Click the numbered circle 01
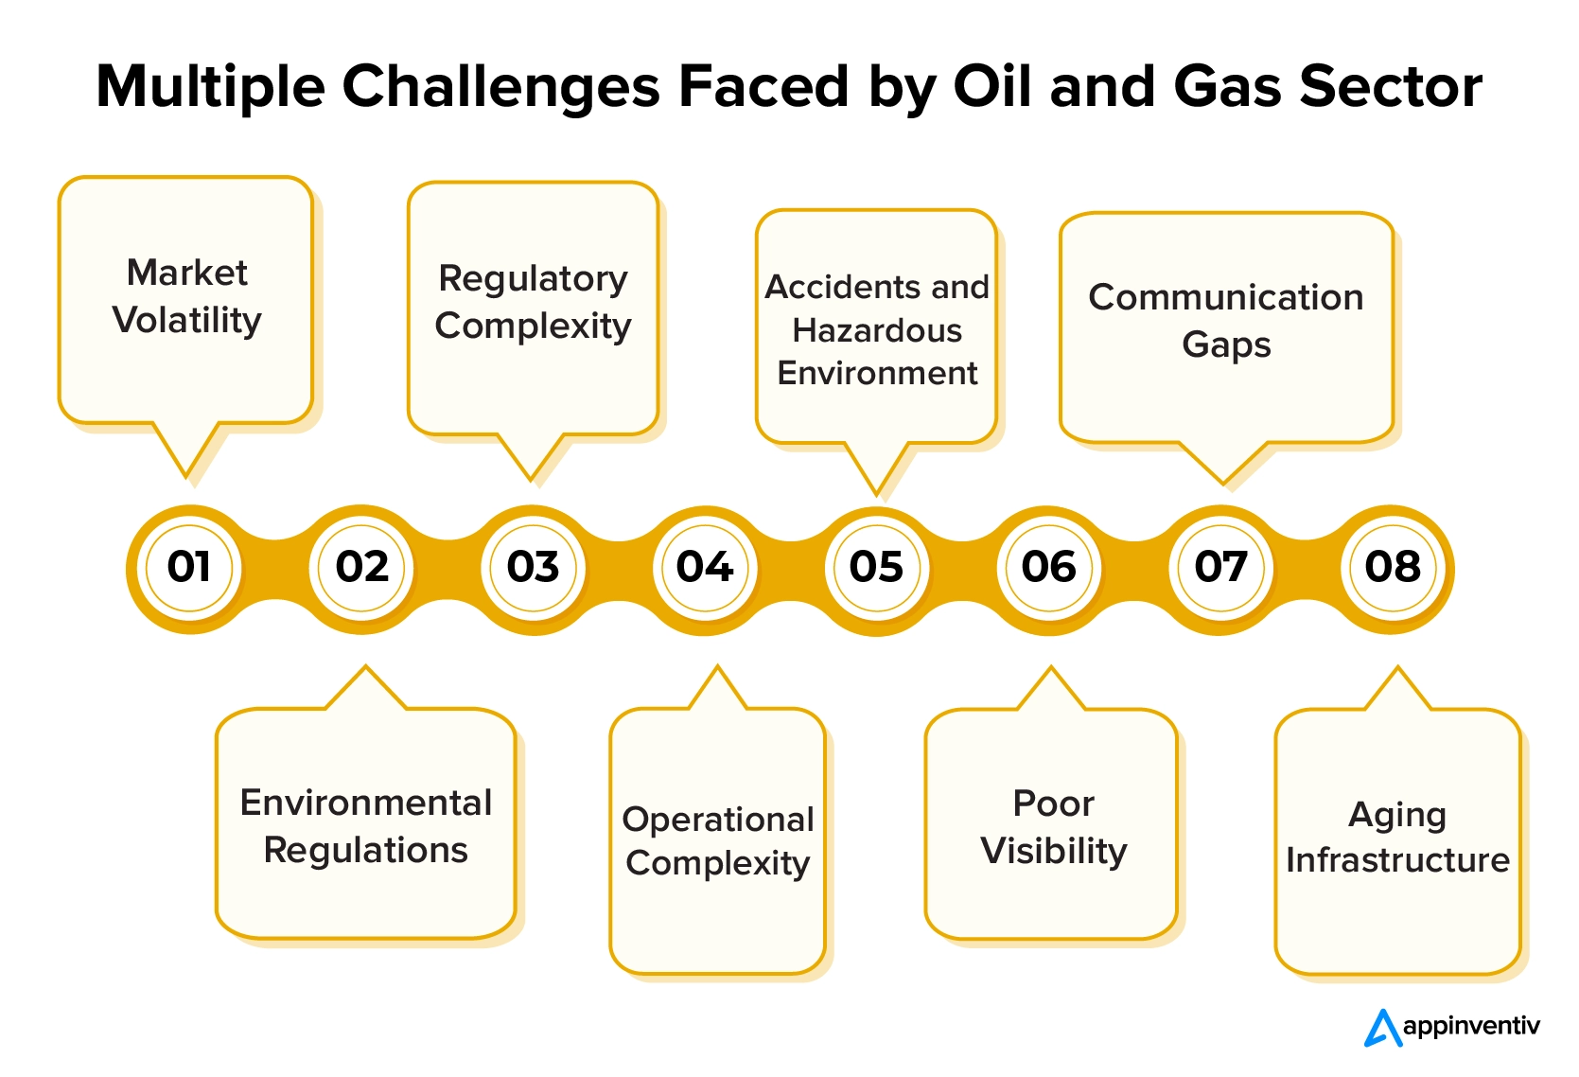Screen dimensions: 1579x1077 click(x=189, y=567)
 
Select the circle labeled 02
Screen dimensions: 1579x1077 click(x=360, y=567)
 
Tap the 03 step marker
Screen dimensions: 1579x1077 click(x=533, y=567)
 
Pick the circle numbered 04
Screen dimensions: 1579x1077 click(x=705, y=567)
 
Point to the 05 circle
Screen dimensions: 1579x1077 click(x=876, y=567)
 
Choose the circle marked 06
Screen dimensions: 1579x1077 click(x=1048, y=567)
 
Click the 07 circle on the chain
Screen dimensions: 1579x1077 click(x=1220, y=567)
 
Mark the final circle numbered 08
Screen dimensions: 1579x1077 click(x=1393, y=567)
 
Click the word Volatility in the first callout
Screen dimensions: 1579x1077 click(x=186, y=321)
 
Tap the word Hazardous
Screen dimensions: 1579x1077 click(x=877, y=330)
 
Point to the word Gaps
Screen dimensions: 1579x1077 click(x=1226, y=345)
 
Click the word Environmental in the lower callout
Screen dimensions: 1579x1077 click(x=366, y=803)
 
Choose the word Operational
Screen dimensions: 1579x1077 click(x=718, y=820)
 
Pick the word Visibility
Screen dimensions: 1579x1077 click(x=1054, y=852)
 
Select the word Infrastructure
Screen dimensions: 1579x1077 click(x=1398, y=860)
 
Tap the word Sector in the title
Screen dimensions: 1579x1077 click(x=1391, y=87)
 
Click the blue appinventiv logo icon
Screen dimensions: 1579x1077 click(x=1382, y=1028)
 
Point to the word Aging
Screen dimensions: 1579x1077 click(x=1397, y=817)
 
